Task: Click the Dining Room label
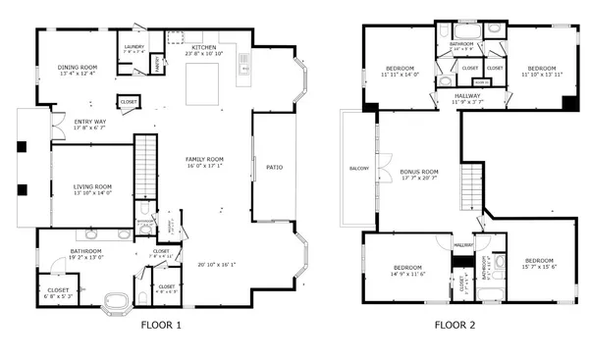pos(76,68)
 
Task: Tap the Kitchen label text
pos(203,48)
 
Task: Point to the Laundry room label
pos(134,47)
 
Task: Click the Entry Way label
pos(90,123)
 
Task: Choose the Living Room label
pos(92,186)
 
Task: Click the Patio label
pos(274,168)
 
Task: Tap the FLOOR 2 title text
pos(458,325)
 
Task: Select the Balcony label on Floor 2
pos(359,169)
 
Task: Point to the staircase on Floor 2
pos(473,185)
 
